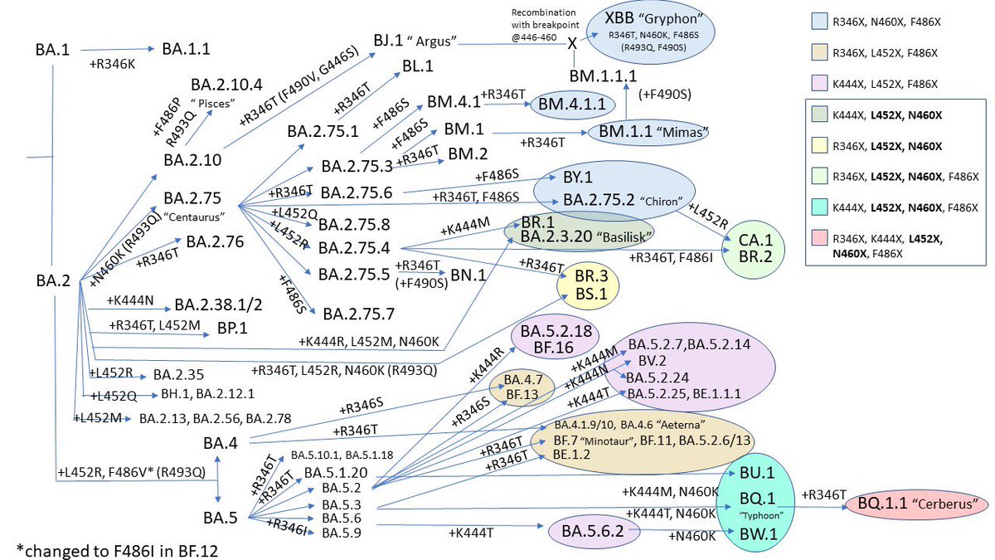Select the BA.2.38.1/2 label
point(217,305)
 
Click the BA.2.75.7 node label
point(359,313)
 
